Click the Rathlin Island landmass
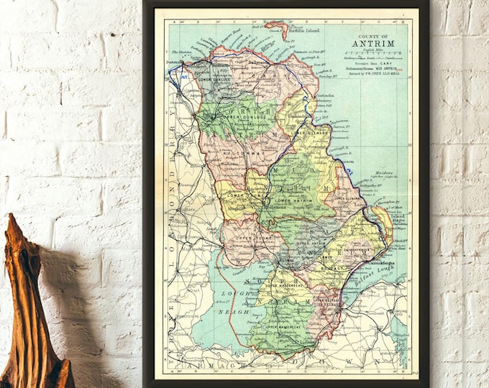pos(276,28)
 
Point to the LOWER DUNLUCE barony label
pos(216,71)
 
